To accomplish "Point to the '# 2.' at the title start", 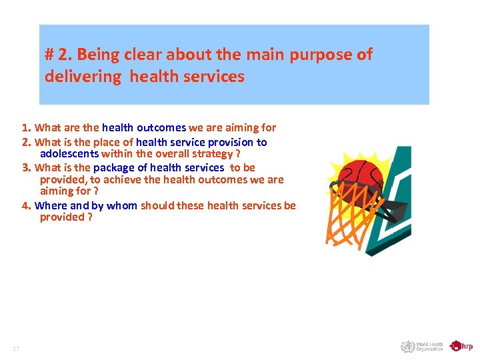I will click(x=58, y=55).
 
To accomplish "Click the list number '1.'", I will click(x=26, y=127).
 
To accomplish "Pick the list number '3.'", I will click(x=26, y=167).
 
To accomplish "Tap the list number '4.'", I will click(x=26, y=205).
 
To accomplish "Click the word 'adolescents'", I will click(x=69, y=154).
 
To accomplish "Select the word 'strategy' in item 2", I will click(x=205, y=154).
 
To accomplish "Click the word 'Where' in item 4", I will click(x=51, y=205).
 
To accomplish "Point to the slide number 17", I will click(x=16, y=349).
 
